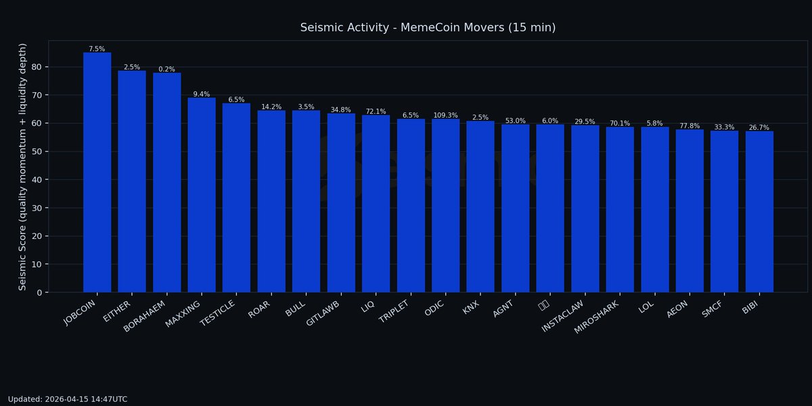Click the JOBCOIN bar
point(97,173)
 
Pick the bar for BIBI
point(759,212)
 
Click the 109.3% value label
point(446,116)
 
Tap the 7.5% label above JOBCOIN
point(97,49)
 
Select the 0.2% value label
point(167,69)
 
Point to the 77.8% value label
point(690,126)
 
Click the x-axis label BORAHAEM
point(145,313)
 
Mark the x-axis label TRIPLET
point(393,310)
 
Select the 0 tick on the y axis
point(42,292)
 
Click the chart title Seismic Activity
point(428,28)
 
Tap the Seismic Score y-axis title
point(23,166)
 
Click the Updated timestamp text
point(68,399)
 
